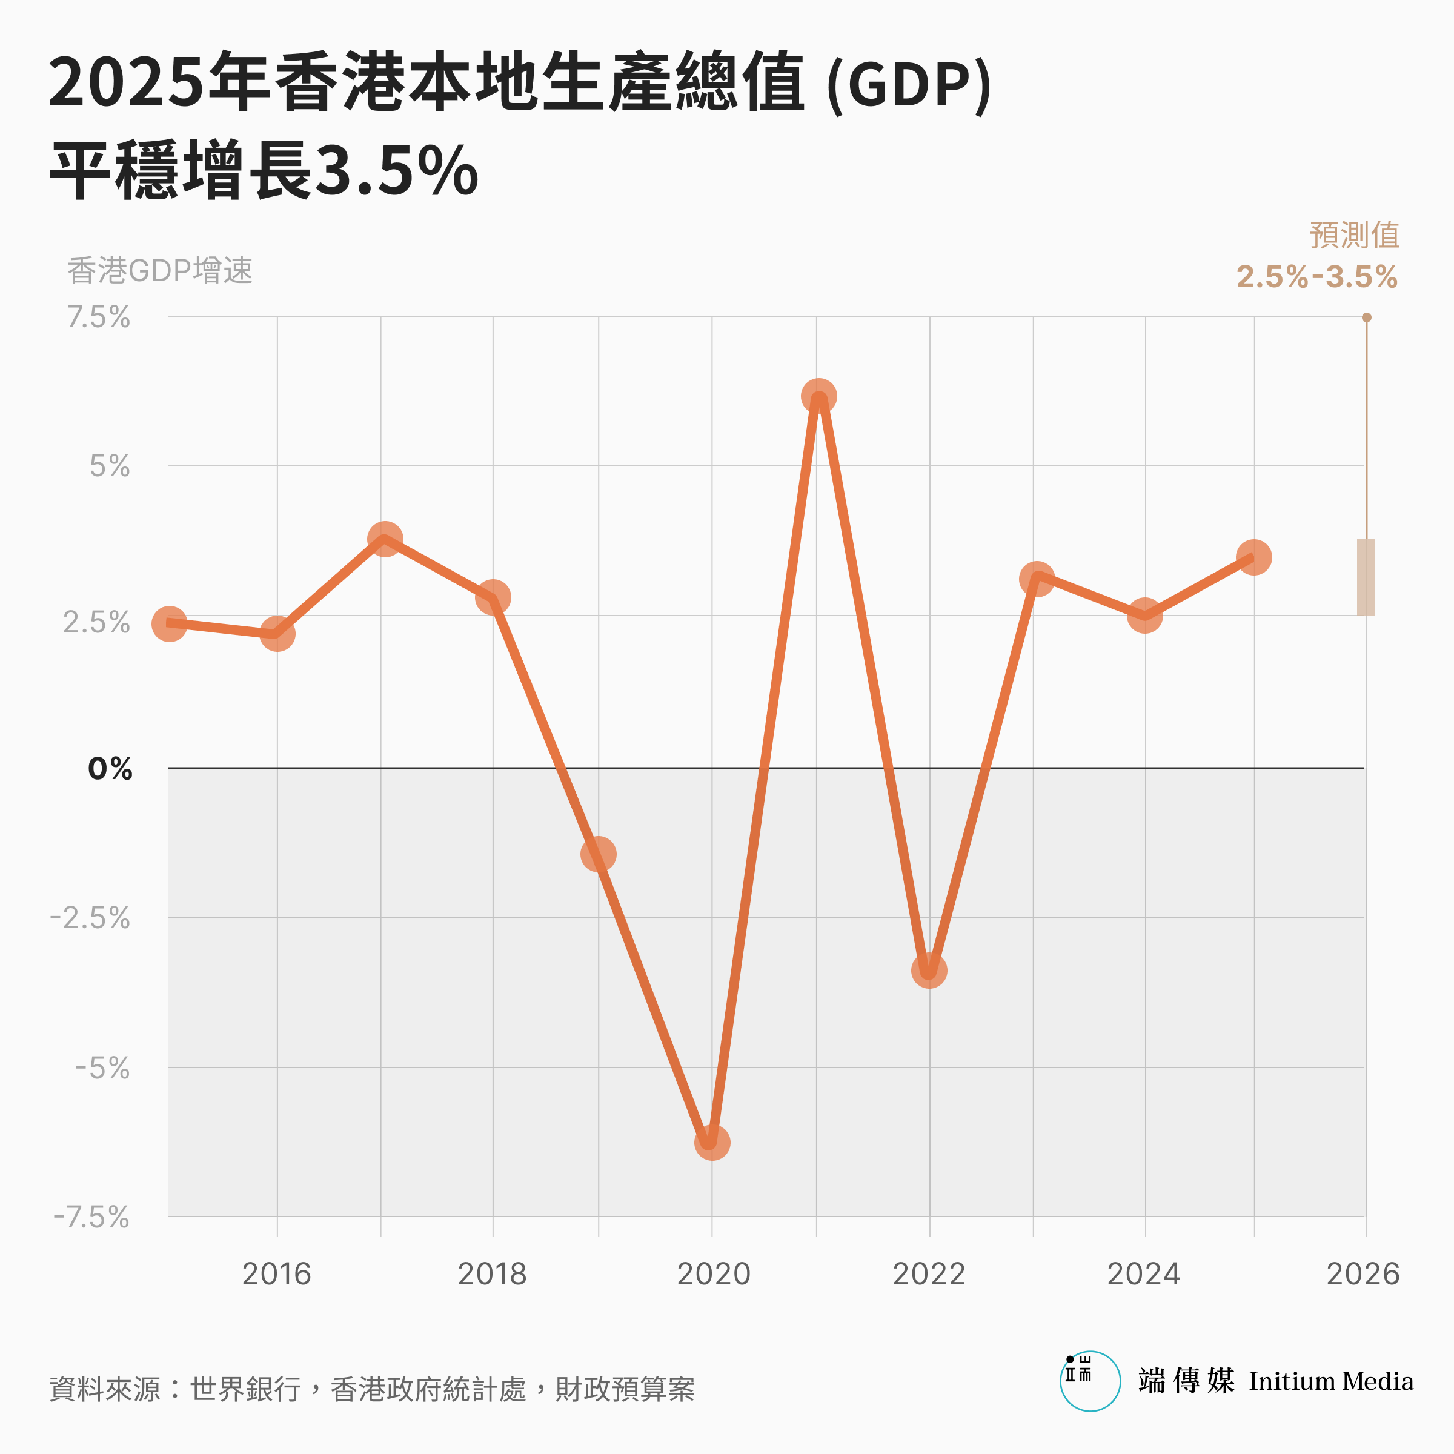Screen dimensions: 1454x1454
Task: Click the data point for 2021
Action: click(x=818, y=397)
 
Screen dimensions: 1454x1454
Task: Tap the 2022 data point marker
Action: click(x=929, y=971)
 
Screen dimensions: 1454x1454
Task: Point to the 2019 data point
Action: click(x=599, y=854)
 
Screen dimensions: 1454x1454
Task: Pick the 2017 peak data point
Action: click(x=385, y=539)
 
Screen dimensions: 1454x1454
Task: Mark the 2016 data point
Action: click(x=277, y=634)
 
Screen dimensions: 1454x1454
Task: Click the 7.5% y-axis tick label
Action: click(x=99, y=317)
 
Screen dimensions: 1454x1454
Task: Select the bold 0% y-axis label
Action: click(x=110, y=768)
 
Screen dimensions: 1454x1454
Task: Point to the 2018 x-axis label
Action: click(x=492, y=1274)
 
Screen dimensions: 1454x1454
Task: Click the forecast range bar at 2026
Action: click(x=1366, y=577)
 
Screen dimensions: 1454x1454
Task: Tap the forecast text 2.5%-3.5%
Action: click(x=1316, y=277)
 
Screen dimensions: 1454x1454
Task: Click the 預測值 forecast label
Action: click(x=1354, y=235)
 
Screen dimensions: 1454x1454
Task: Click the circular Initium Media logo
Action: click(x=1090, y=1381)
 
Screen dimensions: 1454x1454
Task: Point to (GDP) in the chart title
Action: click(x=908, y=84)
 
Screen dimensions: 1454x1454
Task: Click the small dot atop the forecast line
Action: click(x=1367, y=317)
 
